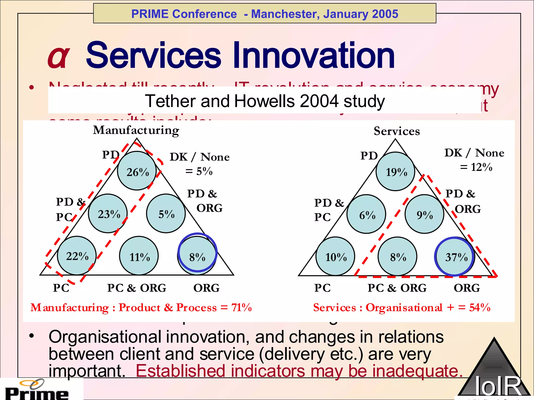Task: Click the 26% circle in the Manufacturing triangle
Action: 137,171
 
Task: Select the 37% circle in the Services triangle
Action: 455,257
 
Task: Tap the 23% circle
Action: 108,214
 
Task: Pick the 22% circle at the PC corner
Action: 77,256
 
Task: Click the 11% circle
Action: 139,256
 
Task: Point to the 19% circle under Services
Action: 396,172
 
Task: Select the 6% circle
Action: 366,214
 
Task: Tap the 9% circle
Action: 424,214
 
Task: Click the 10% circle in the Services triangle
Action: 335,257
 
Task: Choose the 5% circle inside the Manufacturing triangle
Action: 166,214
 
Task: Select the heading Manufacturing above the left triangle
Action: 136,130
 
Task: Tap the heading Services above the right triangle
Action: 397,131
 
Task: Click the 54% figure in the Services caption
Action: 480,308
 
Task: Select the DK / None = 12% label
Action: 474,160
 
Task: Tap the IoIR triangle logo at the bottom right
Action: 494,372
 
